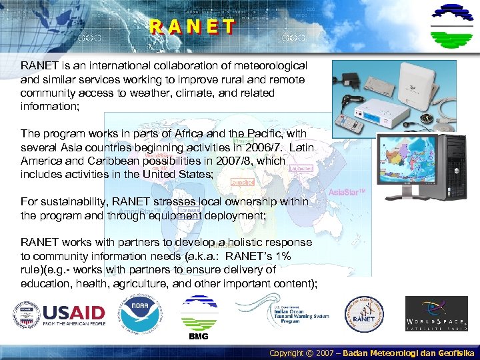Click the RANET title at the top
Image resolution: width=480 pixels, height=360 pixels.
192,27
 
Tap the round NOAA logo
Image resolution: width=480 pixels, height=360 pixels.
139,314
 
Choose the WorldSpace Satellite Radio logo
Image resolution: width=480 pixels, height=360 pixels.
437,314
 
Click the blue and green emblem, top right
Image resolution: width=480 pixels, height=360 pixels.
452,25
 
